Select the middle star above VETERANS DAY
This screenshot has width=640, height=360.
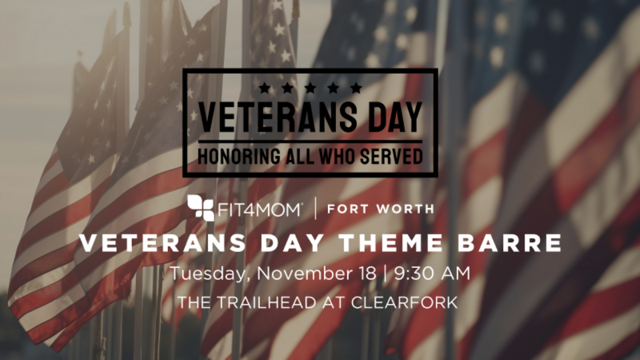click(310, 87)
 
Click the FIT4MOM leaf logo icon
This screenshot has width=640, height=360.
click(201, 208)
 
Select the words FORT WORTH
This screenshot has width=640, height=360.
click(380, 209)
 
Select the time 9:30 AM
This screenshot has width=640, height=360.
click(432, 274)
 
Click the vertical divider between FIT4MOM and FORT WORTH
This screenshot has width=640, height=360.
click(315, 208)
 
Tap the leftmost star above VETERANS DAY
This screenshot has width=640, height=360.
click(264, 87)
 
